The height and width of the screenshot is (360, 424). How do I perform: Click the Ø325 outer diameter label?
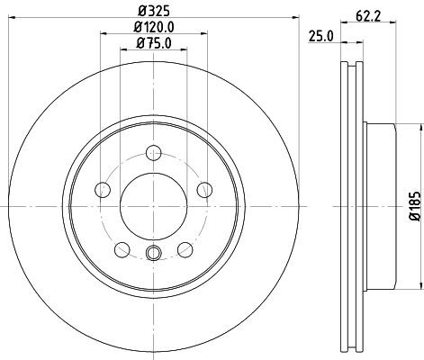tap(153, 12)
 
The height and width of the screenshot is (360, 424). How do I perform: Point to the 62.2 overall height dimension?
tap(368, 15)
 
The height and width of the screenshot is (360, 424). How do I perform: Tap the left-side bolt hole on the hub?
tap(102, 189)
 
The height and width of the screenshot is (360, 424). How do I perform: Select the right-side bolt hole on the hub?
tap(205, 189)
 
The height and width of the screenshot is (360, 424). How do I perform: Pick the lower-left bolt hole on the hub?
tap(122, 249)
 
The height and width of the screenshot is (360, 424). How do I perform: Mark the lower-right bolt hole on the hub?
tap(185, 249)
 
